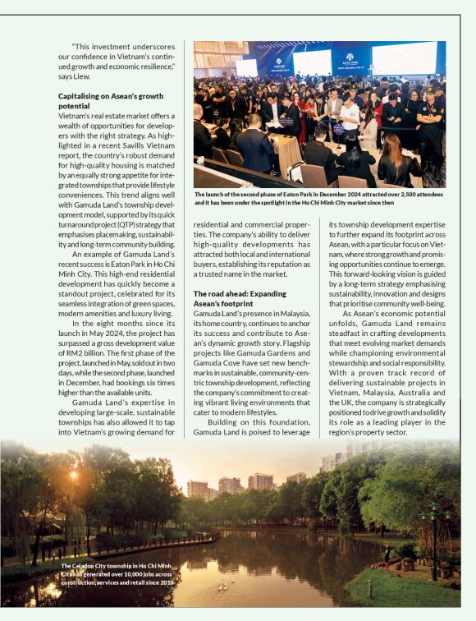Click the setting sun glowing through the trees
click(74, 476)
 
